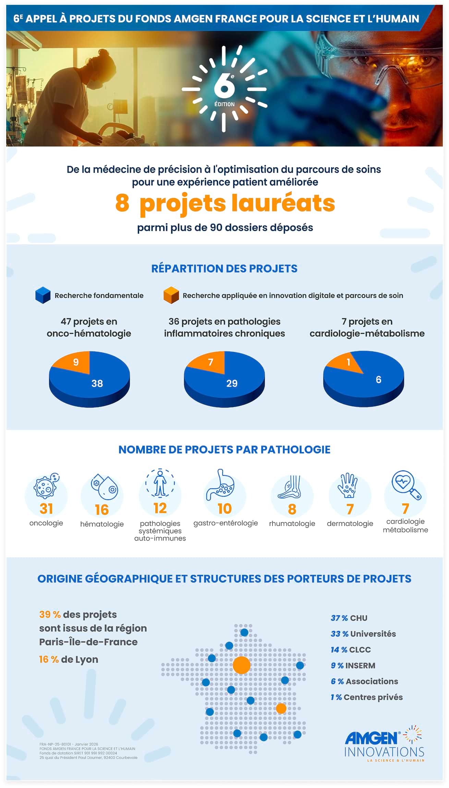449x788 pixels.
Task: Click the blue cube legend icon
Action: [43, 295]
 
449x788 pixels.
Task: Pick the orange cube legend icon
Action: [171, 295]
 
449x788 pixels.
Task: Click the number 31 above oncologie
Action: [46, 509]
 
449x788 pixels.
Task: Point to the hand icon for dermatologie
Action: [348, 485]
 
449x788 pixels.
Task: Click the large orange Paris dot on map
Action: [241, 665]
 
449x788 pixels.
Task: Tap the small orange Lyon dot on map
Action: [281, 708]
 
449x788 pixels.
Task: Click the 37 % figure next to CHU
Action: [339, 618]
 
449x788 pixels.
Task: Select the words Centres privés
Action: [373, 697]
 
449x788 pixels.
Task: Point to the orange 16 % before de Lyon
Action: [49, 660]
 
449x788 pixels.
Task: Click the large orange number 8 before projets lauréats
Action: [122, 203]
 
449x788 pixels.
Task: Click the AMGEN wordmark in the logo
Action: [372, 738]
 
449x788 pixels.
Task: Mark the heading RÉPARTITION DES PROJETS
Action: [224, 268]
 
